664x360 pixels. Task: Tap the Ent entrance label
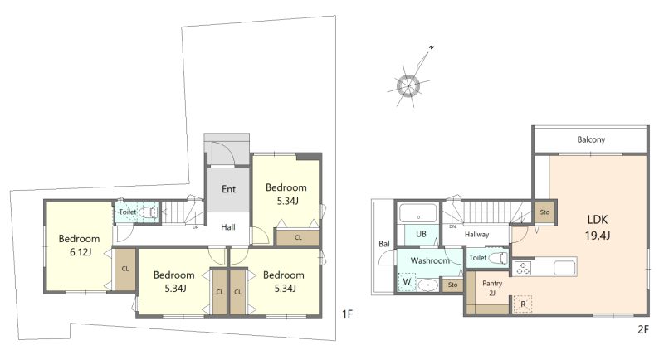point(229,189)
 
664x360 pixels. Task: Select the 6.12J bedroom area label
point(79,252)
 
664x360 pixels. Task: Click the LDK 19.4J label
point(598,227)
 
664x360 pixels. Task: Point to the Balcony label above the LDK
point(591,139)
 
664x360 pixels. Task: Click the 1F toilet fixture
point(149,212)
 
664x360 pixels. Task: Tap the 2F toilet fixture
point(497,258)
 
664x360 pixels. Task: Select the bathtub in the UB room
point(418,213)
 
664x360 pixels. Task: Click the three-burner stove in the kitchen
point(522,269)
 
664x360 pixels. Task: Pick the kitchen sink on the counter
point(564,268)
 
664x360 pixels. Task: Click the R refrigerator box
point(523,304)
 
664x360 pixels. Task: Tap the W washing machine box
point(407,282)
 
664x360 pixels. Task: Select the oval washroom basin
point(428,285)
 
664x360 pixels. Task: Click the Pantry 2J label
point(492,288)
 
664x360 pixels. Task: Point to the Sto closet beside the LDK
point(545,212)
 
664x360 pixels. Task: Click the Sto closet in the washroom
point(452,285)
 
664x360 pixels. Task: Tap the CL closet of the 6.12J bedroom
point(125,269)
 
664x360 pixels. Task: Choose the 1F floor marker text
point(347,314)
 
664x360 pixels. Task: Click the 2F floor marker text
point(642,329)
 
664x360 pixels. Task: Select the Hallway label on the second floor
point(476,235)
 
